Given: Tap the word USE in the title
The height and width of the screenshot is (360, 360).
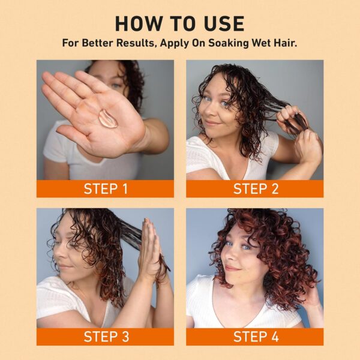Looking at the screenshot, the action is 224,23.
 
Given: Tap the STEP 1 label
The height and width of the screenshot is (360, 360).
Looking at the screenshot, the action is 106,189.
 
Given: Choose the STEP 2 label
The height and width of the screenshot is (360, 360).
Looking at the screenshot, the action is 256,189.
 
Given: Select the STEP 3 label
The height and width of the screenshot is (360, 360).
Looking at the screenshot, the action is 106,337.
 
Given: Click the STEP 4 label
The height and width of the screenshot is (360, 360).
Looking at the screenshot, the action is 256,337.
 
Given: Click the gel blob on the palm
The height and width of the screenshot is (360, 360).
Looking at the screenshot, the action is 108,118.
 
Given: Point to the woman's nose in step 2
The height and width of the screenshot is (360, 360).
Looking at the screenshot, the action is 210,110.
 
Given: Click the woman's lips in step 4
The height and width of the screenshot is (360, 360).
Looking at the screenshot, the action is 233,268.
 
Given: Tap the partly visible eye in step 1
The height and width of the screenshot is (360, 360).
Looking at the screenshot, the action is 115,86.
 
